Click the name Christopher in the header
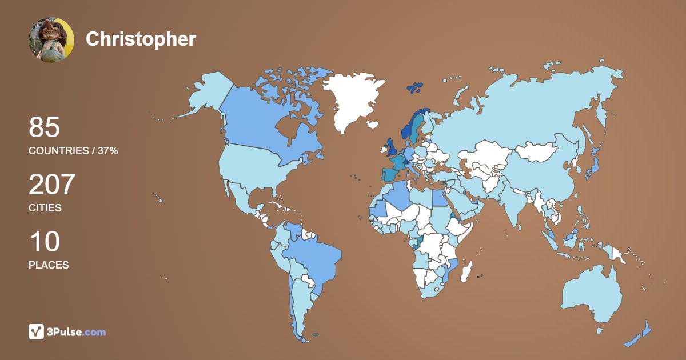[x=141, y=39]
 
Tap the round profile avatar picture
[x=51, y=39]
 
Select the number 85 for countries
[x=45, y=127]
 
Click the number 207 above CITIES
[x=52, y=185]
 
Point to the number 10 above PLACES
[x=44, y=242]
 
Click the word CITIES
[x=45, y=208]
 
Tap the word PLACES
[x=49, y=265]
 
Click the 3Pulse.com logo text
[x=77, y=332]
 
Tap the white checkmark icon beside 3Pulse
[x=36, y=332]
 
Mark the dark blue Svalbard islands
[x=414, y=87]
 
